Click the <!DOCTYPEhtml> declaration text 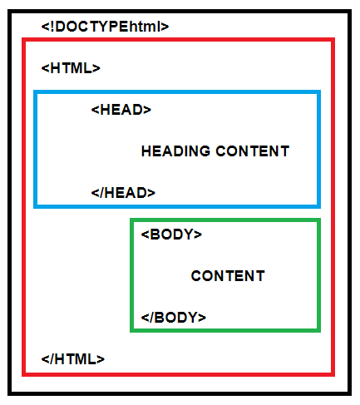point(105,27)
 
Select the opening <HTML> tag point(71,68)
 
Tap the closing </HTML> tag point(73,359)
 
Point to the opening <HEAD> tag point(121,110)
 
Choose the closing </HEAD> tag point(123,193)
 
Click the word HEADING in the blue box point(175,151)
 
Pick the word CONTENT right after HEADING point(253,151)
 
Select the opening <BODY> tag point(171,235)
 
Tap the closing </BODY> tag point(174,318)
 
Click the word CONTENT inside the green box point(228,276)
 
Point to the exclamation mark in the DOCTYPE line point(52,27)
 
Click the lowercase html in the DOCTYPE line point(145,27)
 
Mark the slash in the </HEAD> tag point(101,193)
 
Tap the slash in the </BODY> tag point(151,318)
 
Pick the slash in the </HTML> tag point(52,359)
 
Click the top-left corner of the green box point(131,220)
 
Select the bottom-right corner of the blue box point(319,206)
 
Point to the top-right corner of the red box point(333,40)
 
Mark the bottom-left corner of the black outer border point(9,393)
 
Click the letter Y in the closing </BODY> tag point(192,318)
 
